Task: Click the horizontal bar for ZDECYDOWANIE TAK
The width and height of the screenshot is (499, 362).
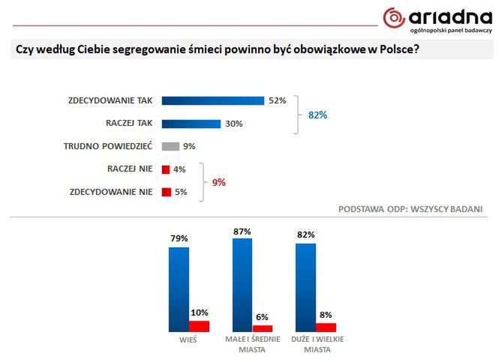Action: (212, 100)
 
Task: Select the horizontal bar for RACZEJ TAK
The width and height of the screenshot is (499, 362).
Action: (191, 124)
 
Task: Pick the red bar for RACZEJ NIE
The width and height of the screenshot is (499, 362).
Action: (166, 169)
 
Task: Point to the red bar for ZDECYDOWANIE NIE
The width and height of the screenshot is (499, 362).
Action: (167, 193)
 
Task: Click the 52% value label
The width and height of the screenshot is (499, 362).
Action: (278, 100)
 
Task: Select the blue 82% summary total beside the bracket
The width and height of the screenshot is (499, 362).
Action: (318, 115)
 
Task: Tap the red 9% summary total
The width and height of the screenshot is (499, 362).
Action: (218, 182)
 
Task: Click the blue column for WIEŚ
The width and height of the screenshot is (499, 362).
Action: (179, 289)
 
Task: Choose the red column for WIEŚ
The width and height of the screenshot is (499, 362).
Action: (199, 325)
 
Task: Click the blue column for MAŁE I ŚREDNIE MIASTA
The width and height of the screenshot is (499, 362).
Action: (242, 285)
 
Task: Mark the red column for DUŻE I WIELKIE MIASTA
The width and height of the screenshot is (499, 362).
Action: (326, 327)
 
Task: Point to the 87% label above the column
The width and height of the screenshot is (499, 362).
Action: (242, 232)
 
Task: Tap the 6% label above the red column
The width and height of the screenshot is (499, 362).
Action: (263, 317)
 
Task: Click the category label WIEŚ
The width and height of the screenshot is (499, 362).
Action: (188, 340)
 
